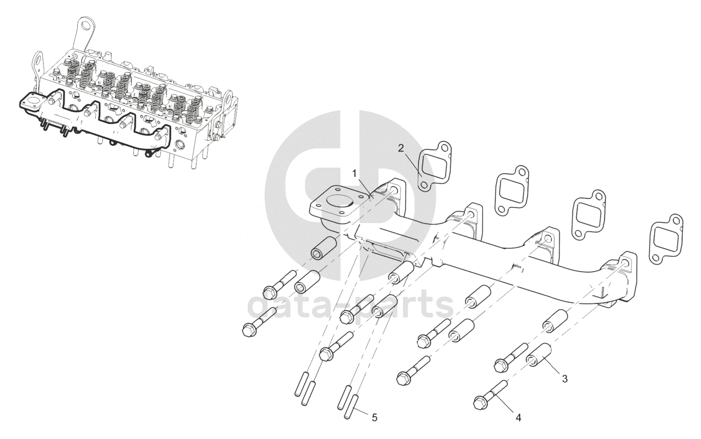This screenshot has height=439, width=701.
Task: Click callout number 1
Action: [354, 173]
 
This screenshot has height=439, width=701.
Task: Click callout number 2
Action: [401, 148]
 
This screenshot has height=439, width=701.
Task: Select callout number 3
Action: [564, 379]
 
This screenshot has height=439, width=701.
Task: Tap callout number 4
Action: [518, 418]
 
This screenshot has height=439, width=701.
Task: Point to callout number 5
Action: [374, 418]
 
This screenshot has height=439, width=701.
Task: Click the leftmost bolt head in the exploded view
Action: [249, 330]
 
